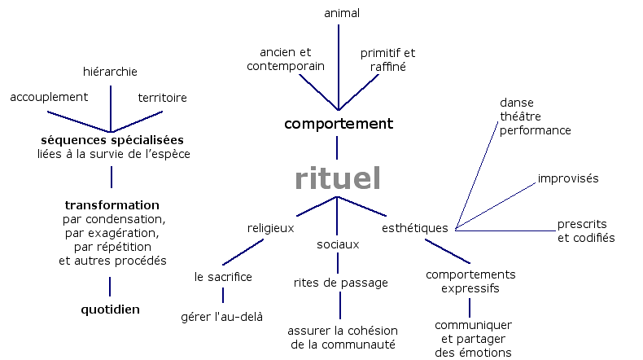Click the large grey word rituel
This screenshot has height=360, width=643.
pyautogui.click(x=338, y=179)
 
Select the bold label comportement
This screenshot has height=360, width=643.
pyautogui.click(x=338, y=124)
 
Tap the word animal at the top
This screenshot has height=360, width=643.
pyautogui.click(x=341, y=13)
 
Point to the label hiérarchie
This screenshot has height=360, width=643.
pyautogui.click(x=110, y=72)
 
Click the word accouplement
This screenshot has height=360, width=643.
pyautogui.click(x=49, y=98)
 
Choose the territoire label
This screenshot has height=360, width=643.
pyautogui.click(x=162, y=98)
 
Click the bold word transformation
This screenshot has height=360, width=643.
pyautogui.click(x=112, y=205)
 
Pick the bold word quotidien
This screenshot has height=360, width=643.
pyautogui.click(x=110, y=310)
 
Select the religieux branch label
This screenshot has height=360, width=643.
pyautogui.click(x=270, y=229)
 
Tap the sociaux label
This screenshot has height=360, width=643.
pyautogui.click(x=338, y=244)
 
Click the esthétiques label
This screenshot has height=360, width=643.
pyautogui.click(x=415, y=229)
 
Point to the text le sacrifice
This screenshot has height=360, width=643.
pyautogui.click(x=223, y=277)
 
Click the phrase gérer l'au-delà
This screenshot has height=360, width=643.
pyautogui.click(x=221, y=316)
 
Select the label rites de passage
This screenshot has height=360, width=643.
pyautogui.click(x=340, y=283)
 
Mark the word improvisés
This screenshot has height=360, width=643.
pyautogui.click(x=568, y=178)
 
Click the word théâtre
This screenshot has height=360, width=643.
pyautogui.click(x=521, y=116)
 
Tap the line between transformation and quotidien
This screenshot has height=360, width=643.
pyautogui.click(x=110, y=286)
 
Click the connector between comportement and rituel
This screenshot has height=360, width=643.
pyautogui.click(x=337, y=147)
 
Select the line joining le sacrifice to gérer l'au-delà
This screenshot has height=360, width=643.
pyautogui.click(x=223, y=296)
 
